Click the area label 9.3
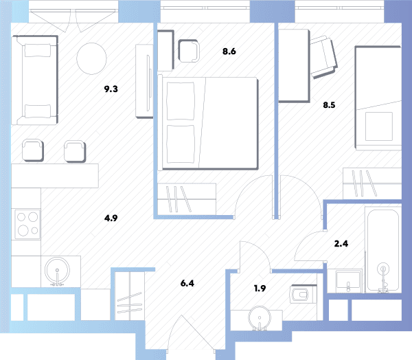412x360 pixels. [x=111, y=89]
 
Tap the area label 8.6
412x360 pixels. [x=229, y=52]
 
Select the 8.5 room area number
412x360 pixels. [x=329, y=105]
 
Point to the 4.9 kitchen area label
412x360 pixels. [x=111, y=218]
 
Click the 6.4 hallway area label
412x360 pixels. [x=187, y=283]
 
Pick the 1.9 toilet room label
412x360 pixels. [x=260, y=289]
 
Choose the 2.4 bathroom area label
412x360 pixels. [x=341, y=244]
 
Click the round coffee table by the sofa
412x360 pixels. [x=91, y=58]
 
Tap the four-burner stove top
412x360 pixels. [x=27, y=224]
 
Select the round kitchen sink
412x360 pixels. [x=57, y=271]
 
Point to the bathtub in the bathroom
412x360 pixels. [x=383, y=250]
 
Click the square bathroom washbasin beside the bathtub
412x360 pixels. [x=348, y=281]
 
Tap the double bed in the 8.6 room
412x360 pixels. [x=209, y=123]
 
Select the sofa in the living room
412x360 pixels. [x=34, y=80]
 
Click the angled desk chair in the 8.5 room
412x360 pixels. [x=323, y=58]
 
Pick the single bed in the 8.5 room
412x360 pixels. [x=378, y=98]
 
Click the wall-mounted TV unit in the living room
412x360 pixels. [x=144, y=81]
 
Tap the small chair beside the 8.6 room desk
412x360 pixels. [x=189, y=51]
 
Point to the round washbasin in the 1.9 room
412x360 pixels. [x=260, y=317]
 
